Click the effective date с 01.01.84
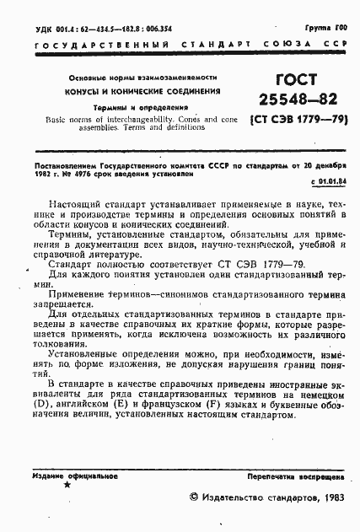click(x=332, y=181)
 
